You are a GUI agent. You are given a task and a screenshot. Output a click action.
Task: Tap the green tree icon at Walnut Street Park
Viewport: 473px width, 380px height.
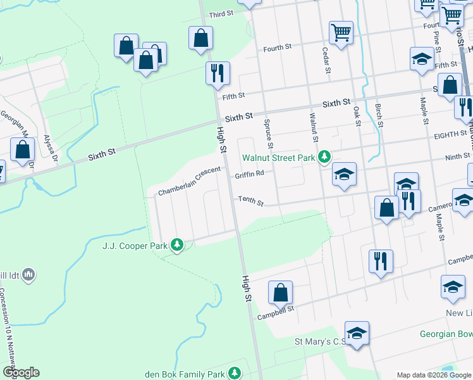(x=324, y=156)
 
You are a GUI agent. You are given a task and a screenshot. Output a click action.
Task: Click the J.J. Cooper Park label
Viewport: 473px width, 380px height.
(x=135, y=244)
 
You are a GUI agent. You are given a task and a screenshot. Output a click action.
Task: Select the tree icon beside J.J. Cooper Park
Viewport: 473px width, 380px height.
(x=177, y=244)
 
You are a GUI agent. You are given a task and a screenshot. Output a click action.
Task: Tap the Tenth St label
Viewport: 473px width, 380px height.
(x=250, y=200)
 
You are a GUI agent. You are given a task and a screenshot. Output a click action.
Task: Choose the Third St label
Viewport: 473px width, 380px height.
(x=222, y=14)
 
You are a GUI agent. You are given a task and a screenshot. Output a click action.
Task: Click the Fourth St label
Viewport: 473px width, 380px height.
(x=277, y=47)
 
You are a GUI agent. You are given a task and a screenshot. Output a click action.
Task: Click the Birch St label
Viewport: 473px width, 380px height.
(x=379, y=116)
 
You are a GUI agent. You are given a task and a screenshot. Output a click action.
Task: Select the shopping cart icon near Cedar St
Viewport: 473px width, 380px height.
(x=341, y=32)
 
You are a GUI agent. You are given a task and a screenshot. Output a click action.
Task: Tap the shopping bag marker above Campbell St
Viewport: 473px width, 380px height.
(x=280, y=292)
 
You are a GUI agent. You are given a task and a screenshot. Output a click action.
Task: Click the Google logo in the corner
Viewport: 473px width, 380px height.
(x=20, y=372)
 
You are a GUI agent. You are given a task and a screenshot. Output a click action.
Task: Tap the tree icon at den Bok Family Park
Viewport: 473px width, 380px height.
(x=235, y=372)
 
